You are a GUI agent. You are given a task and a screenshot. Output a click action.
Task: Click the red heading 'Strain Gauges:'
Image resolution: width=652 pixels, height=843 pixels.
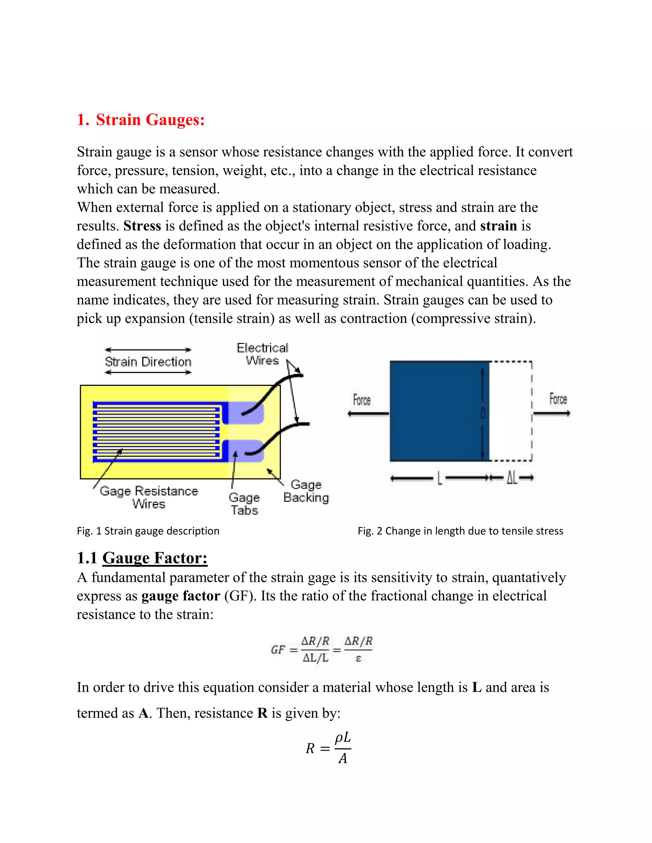[x=150, y=120]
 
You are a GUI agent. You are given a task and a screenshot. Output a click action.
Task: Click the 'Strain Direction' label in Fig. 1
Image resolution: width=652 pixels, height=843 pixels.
[x=148, y=362]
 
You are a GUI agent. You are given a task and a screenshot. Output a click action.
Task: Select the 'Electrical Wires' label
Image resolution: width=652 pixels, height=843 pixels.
[x=262, y=354]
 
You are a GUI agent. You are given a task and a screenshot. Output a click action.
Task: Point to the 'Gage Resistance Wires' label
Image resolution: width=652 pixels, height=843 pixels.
[x=149, y=497]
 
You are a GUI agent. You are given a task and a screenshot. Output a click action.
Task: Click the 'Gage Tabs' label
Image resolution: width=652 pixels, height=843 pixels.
[x=244, y=504]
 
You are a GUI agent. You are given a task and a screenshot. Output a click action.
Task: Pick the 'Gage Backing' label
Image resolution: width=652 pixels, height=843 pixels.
[x=306, y=491]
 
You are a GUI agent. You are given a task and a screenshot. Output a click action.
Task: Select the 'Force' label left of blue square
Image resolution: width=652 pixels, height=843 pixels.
[x=362, y=400]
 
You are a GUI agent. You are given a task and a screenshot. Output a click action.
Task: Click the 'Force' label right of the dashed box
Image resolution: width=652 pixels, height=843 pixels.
[x=558, y=399]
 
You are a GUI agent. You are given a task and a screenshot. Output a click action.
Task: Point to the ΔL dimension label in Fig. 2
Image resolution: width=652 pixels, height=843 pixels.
[x=512, y=478]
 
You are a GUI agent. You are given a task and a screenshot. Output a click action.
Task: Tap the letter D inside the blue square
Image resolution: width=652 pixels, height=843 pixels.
[x=482, y=414]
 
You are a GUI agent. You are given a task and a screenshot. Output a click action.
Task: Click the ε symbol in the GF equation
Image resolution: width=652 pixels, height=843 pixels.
[x=358, y=658]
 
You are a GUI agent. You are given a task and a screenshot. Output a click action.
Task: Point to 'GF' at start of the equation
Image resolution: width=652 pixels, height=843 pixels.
[x=278, y=650]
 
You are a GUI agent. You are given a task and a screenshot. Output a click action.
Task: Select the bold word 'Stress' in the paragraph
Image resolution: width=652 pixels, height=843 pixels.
[x=142, y=226]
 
